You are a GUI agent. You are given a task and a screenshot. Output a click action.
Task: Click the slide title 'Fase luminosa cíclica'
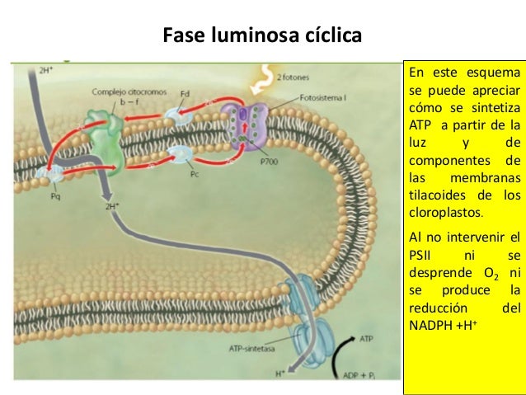point(262,36)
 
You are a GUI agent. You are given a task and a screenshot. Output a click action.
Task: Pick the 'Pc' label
point(195,175)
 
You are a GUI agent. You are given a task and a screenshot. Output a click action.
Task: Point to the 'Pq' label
point(56,197)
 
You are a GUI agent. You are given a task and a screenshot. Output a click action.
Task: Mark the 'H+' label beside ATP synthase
point(281,373)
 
